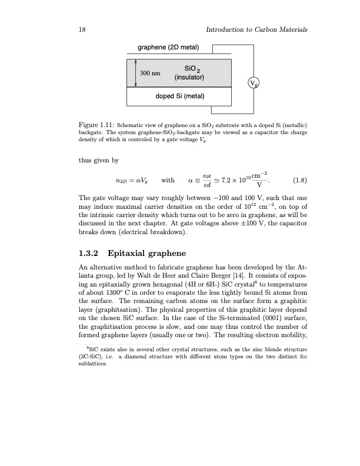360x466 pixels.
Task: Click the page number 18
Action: [x=81, y=29]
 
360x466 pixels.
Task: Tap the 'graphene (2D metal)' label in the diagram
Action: [x=168, y=48]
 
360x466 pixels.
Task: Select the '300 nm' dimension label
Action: [x=149, y=74]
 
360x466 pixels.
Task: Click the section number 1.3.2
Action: [x=92, y=254]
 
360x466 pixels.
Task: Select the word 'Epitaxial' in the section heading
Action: [x=136, y=254]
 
